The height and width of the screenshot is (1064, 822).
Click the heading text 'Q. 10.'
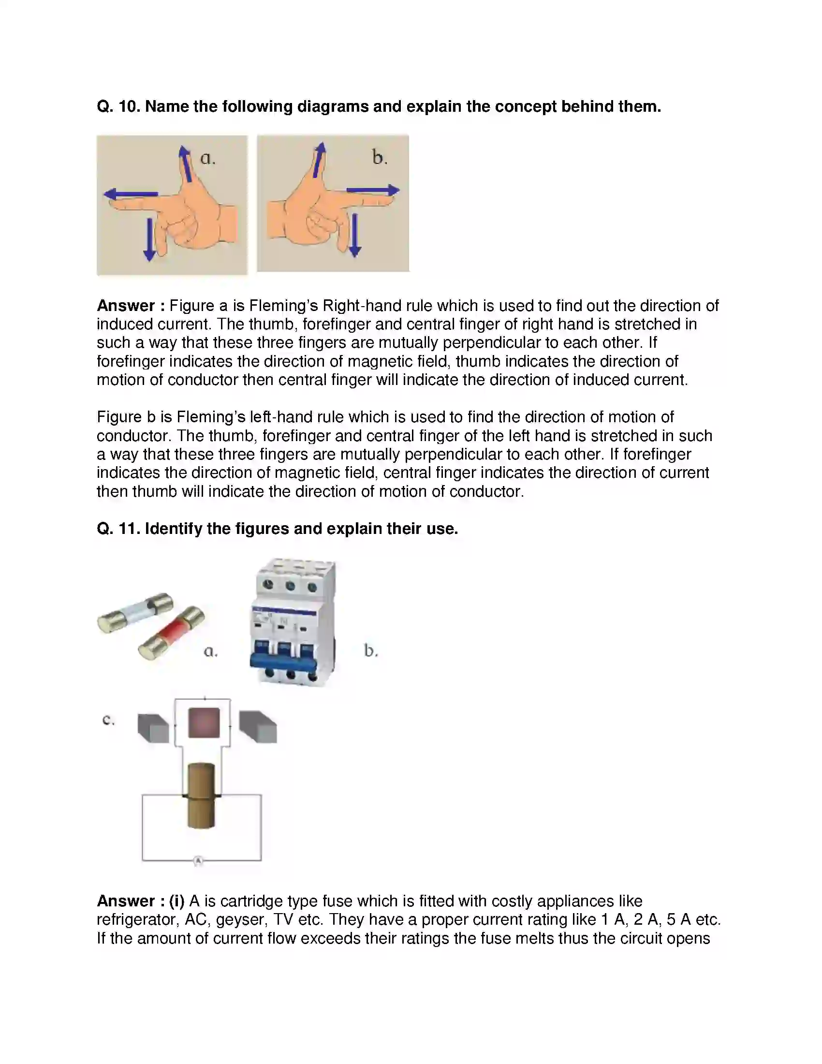point(118,106)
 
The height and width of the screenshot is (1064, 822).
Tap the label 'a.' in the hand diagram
point(208,158)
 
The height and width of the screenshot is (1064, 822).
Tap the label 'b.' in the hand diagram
point(380,158)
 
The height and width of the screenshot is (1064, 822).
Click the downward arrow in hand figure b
point(355,236)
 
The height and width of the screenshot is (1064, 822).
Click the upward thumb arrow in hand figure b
point(319,160)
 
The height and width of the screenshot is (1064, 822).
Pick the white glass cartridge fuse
point(135,612)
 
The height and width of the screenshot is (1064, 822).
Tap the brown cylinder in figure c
point(201,796)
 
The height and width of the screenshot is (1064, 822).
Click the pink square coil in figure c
point(204,723)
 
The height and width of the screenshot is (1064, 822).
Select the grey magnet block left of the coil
point(153,728)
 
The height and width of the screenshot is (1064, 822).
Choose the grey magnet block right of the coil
point(258,727)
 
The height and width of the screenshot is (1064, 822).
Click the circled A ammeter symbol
point(198,861)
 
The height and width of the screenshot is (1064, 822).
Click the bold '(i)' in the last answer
point(176,901)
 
